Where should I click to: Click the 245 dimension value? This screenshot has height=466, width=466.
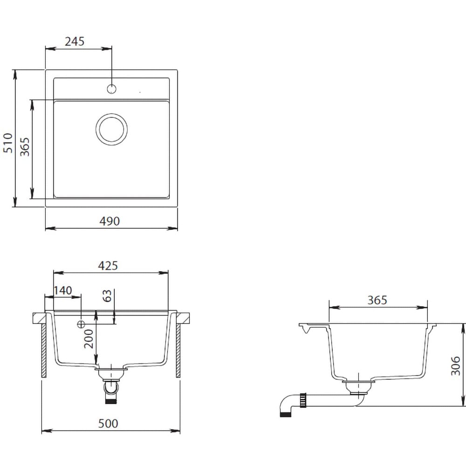pyautogui.click(x=75, y=41)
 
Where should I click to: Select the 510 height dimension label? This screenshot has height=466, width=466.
pyautogui.click(x=8, y=143)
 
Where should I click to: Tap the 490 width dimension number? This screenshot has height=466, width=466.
pyautogui.click(x=110, y=221)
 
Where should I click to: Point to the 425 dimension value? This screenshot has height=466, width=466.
pyautogui.click(x=108, y=266)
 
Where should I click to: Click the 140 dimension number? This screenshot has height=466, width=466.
pyautogui.click(x=63, y=290)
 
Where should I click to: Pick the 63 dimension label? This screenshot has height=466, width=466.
pyautogui.click(x=107, y=296)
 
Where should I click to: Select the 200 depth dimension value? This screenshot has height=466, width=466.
pyautogui.click(x=89, y=339)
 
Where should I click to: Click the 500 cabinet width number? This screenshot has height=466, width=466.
pyautogui.click(x=108, y=424)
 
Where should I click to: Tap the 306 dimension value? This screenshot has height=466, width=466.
pyautogui.click(x=455, y=366)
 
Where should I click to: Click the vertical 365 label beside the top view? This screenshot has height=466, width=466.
pyautogui.click(x=25, y=147)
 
